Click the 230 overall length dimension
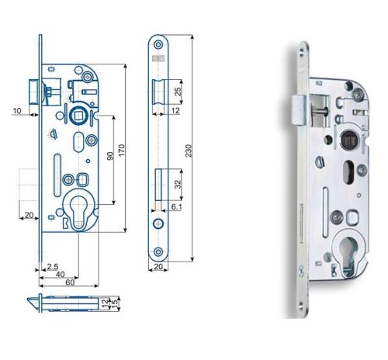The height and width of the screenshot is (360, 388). (189, 151)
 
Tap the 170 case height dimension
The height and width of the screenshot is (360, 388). (122, 151)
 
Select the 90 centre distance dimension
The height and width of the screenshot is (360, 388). (110, 156)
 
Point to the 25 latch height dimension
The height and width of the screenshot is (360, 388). (178, 92)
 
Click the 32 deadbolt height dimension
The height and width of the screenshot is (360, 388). (178, 185)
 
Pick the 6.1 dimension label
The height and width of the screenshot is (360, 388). (176, 207)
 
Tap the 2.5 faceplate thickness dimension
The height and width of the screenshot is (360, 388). (52, 267)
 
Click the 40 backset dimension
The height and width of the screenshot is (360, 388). (60, 275)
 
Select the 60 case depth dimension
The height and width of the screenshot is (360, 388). (70, 282)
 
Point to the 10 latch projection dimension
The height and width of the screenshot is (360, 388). (17, 111)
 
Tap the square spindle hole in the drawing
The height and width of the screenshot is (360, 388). (78, 116)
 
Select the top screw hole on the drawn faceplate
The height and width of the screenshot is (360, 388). (158, 44)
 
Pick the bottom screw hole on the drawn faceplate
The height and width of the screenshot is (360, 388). (158, 251)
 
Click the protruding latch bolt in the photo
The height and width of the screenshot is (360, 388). (299, 110)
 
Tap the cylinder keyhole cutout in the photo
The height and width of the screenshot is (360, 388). (348, 255)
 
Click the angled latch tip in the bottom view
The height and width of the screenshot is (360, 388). (33, 303)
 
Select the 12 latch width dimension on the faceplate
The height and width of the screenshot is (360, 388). (175, 111)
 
